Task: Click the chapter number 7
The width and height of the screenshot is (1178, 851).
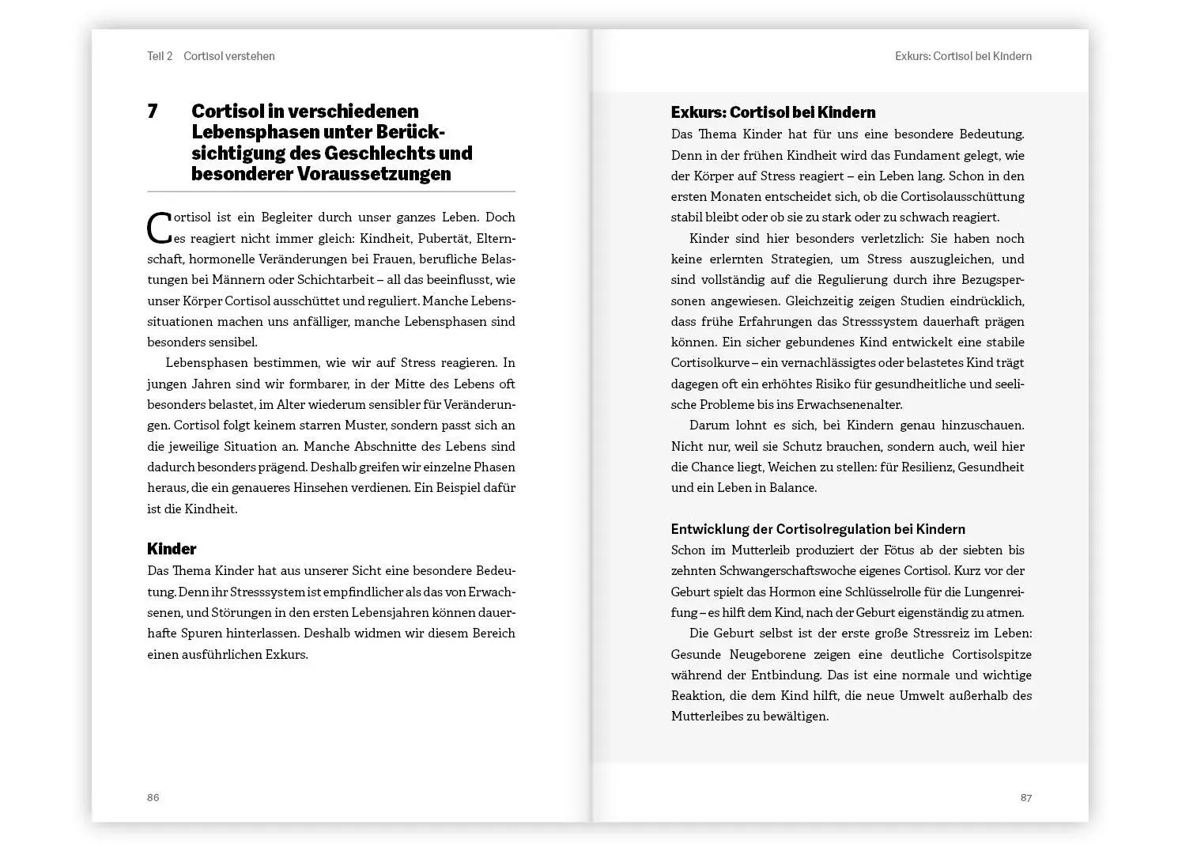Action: [153, 112]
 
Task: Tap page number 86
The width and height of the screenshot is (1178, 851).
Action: [153, 797]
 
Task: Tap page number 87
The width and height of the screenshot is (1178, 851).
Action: [1025, 797]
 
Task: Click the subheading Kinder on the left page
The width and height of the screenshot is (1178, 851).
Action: [172, 549]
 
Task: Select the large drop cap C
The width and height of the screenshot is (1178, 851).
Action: [159, 228]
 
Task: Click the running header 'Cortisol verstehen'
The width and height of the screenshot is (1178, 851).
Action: [229, 56]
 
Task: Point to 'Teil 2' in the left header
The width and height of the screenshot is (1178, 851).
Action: [160, 56]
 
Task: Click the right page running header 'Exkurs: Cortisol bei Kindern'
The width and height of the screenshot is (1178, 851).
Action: [963, 56]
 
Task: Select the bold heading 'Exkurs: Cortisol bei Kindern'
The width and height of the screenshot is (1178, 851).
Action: [772, 112]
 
